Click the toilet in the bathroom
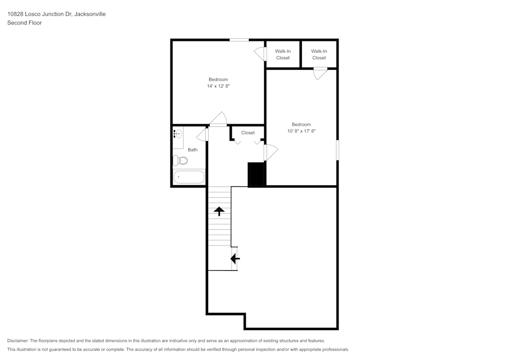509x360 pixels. (181, 161)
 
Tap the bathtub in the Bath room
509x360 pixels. (189, 177)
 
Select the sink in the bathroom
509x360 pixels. (178, 134)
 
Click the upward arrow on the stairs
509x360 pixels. (219, 211)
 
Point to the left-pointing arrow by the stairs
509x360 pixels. (235, 259)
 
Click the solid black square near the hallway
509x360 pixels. (257, 174)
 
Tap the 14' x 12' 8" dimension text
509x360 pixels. (218, 86)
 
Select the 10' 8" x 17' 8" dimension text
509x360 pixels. (301, 131)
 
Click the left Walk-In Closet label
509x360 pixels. (283, 54)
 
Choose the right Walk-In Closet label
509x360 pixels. (319, 54)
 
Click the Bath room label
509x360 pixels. (192, 150)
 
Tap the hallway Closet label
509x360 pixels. (248, 133)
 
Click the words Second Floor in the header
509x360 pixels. (24, 23)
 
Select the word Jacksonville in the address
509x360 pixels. (90, 14)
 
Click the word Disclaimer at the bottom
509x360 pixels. (18, 341)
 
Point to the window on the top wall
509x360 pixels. (239, 40)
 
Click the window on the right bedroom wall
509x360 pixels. (337, 150)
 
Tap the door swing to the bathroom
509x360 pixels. (203, 134)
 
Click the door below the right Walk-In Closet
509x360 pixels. (320, 73)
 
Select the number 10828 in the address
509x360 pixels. (15, 14)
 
